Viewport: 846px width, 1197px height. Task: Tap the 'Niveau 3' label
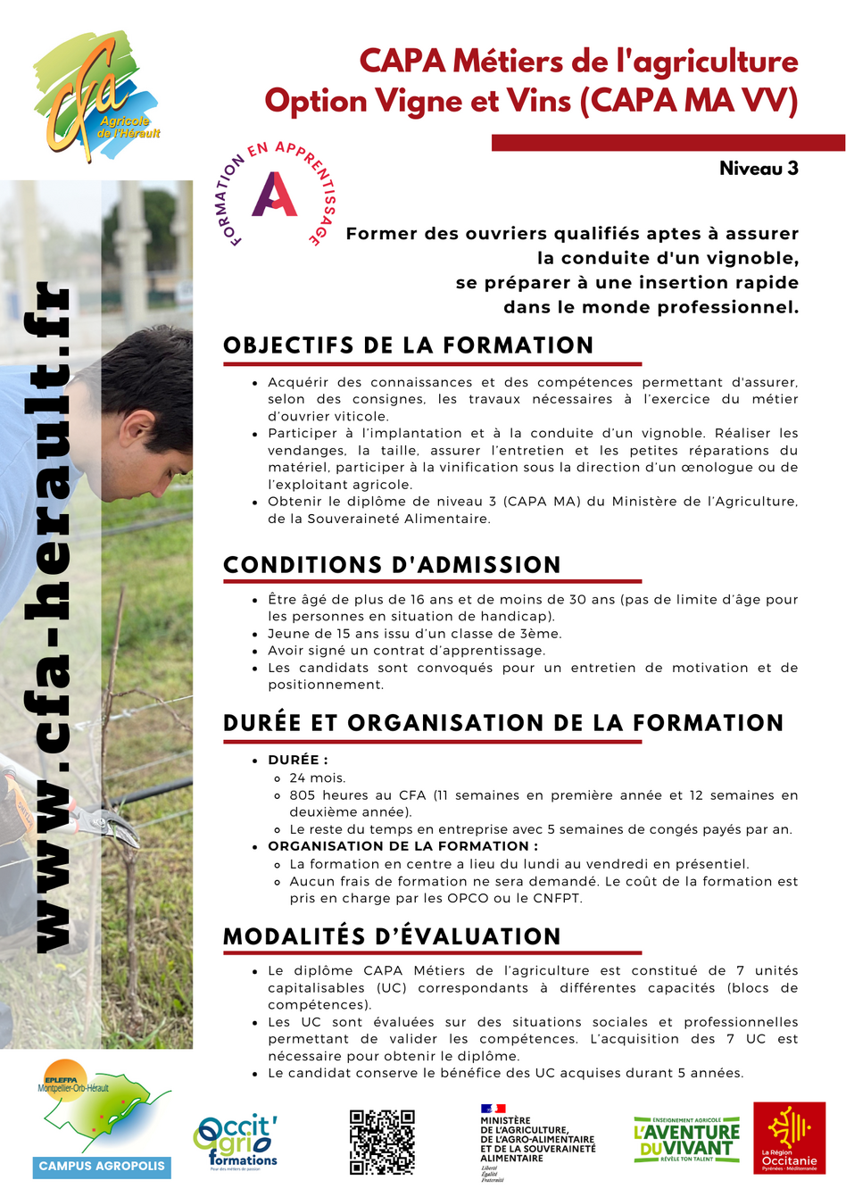[759, 169]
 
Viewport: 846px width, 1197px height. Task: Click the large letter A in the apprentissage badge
[274, 194]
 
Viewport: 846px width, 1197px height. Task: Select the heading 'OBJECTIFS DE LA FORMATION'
[408, 345]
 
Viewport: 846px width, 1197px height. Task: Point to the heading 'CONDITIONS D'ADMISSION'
[392, 565]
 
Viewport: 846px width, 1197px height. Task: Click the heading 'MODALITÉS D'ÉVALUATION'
[392, 936]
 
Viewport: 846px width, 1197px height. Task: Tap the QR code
[382, 1142]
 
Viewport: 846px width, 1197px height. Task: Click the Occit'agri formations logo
[236, 1141]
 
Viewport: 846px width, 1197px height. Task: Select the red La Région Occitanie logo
[789, 1138]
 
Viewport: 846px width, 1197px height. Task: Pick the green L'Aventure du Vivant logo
[686, 1139]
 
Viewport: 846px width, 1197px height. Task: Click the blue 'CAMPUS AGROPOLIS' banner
[102, 1166]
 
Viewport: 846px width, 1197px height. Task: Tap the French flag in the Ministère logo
[493, 1109]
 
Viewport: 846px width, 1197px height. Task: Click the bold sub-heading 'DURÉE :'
[298, 760]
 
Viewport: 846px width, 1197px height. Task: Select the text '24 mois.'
[318, 777]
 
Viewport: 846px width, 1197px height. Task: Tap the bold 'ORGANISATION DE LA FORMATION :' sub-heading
[402, 846]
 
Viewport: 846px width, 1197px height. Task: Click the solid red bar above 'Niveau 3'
[668, 143]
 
